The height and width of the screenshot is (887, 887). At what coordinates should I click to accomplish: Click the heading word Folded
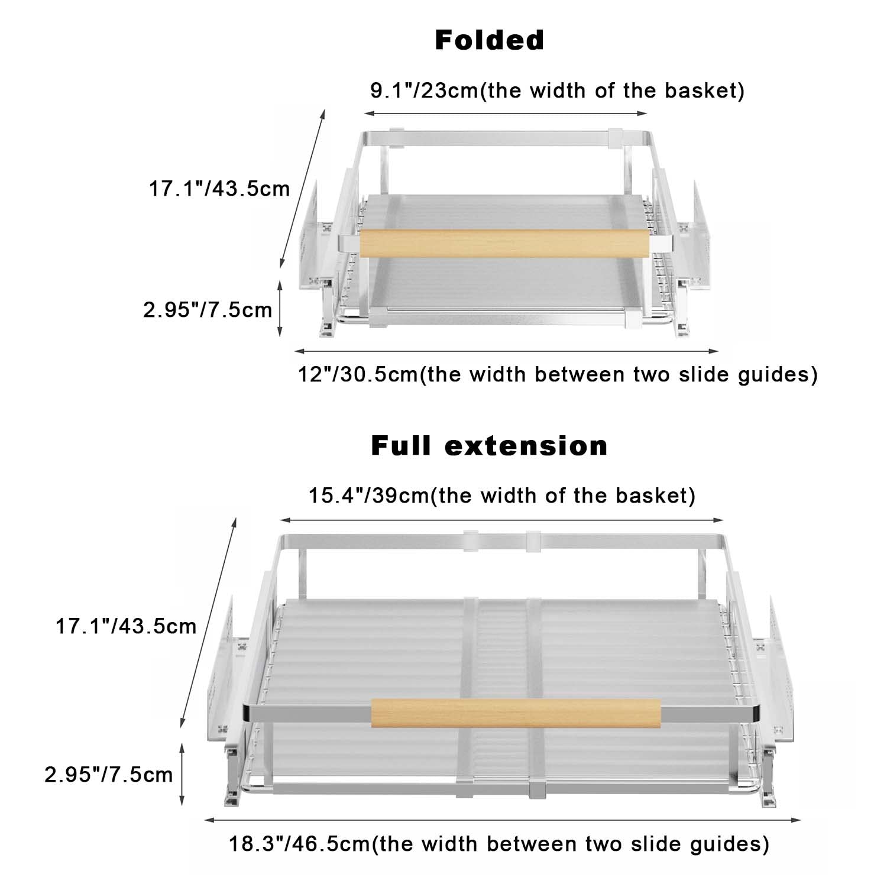click(490, 40)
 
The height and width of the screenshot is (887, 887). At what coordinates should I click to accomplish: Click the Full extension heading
click(490, 445)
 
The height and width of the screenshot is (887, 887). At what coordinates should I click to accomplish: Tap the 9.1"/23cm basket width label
click(557, 90)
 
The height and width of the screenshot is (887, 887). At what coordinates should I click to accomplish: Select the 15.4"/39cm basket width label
click(502, 495)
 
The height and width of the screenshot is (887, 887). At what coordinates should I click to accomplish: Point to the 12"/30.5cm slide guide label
click(558, 374)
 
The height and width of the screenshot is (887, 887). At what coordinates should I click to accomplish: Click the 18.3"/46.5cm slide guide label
click(499, 843)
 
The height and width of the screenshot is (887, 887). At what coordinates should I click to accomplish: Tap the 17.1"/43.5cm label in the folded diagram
click(219, 189)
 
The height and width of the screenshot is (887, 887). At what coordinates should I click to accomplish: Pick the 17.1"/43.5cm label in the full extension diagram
click(126, 626)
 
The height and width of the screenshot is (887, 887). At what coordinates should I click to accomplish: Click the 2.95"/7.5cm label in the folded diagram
click(208, 309)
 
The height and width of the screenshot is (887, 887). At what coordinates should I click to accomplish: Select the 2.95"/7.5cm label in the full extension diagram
click(109, 774)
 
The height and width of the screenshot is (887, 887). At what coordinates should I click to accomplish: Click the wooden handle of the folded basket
click(504, 244)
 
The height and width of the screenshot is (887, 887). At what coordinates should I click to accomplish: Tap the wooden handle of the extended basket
click(516, 713)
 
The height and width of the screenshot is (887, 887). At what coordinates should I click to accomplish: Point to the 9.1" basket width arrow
click(506, 113)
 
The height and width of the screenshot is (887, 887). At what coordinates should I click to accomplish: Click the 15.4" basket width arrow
click(502, 520)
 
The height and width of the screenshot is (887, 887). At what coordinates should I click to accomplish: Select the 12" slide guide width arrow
click(506, 351)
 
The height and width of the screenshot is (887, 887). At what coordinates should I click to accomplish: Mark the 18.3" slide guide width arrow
click(503, 820)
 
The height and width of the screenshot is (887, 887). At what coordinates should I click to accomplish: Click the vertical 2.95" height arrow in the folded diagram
click(280, 308)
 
